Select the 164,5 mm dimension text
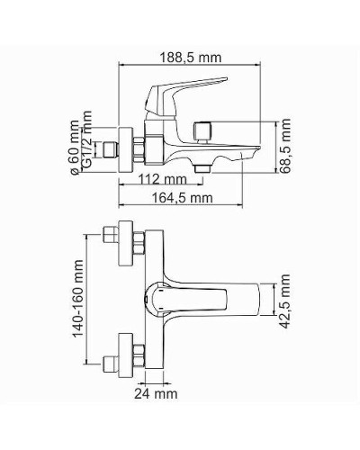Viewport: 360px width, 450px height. point(181,197)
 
